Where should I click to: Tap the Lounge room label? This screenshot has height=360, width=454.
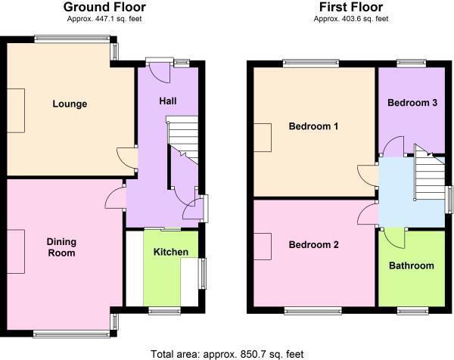(70, 104)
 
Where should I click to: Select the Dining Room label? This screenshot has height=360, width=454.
(61, 247)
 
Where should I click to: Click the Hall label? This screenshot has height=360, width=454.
(168, 101)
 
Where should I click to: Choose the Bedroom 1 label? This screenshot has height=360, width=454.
(313, 126)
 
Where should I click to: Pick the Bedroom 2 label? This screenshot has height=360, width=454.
(313, 245)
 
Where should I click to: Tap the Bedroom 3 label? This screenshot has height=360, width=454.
(412, 103)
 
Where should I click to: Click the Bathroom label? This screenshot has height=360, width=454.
(412, 265)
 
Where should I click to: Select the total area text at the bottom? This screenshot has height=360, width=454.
(226, 352)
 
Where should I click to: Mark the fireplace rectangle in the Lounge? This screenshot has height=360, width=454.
(17, 103)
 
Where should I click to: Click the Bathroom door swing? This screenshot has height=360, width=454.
(393, 236)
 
